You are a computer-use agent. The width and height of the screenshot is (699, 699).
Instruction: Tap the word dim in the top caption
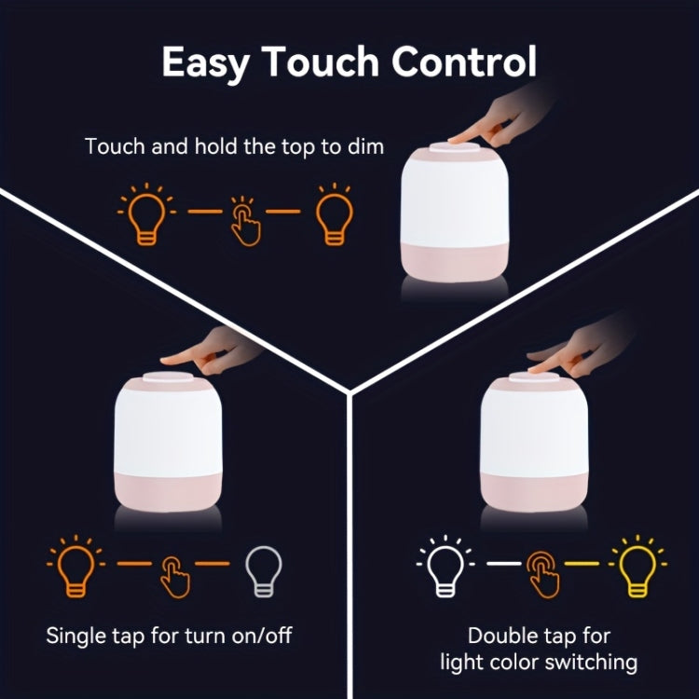point(364,146)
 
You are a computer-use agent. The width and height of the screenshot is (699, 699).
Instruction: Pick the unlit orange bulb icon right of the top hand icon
point(333,212)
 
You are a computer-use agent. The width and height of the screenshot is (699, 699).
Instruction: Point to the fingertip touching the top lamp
point(456,139)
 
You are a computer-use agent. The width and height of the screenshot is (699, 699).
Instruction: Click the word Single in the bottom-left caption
point(78,637)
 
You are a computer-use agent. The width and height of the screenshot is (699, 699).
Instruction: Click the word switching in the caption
point(592,663)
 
